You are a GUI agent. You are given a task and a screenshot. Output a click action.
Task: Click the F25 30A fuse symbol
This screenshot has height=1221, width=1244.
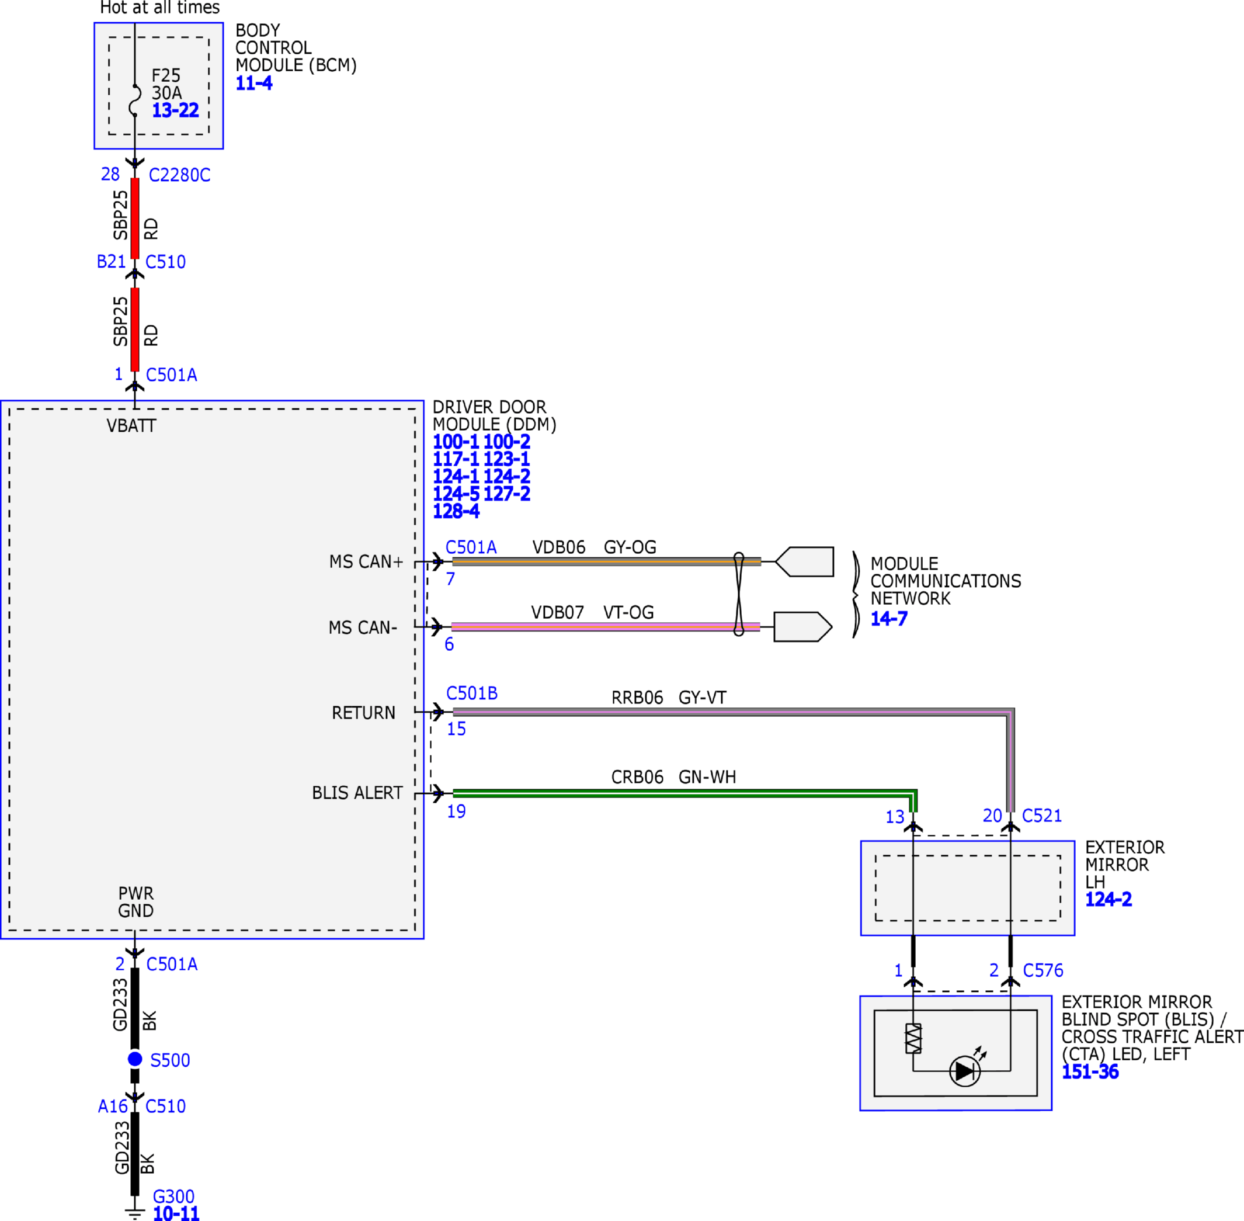point(135,100)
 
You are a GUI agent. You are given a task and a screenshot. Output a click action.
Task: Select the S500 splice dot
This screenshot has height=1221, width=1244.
point(135,1059)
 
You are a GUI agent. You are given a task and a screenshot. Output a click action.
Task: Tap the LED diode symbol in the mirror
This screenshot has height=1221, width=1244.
point(964,1071)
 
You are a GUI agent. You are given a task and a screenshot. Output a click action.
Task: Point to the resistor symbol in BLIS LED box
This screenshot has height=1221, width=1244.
point(913,1039)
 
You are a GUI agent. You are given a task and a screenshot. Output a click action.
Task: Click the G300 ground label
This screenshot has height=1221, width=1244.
point(173,1196)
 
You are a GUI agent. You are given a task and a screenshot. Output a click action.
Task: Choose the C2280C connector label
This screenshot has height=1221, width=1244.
point(179,175)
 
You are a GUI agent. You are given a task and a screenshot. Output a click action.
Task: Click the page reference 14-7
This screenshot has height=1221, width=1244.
point(889,618)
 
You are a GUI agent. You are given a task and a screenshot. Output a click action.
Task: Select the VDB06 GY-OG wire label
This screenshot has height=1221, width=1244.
point(595,547)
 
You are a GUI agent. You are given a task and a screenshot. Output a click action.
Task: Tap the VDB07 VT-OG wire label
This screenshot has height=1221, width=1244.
point(592,612)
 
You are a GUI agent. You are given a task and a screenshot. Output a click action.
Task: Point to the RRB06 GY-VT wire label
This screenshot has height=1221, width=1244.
point(669,697)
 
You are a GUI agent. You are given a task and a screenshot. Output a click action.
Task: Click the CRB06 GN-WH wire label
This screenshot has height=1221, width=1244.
point(673,776)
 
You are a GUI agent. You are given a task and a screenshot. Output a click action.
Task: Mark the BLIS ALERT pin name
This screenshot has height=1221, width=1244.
point(357,793)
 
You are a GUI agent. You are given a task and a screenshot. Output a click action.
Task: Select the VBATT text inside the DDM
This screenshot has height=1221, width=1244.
point(131,426)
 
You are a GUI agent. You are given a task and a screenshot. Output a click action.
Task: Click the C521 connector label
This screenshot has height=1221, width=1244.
point(1042,816)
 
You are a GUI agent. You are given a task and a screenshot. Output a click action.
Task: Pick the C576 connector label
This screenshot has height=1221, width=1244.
point(1043,970)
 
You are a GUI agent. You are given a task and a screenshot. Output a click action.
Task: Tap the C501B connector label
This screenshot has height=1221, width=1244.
point(472,693)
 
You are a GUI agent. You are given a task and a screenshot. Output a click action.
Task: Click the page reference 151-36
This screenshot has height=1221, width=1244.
point(1090,1071)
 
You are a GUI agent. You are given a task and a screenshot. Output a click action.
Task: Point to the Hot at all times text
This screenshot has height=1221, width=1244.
point(159,8)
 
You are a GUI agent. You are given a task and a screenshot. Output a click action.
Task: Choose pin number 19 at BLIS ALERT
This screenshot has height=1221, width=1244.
point(456,811)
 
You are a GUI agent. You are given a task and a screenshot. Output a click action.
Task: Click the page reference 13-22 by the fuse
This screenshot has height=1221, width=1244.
point(175,110)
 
